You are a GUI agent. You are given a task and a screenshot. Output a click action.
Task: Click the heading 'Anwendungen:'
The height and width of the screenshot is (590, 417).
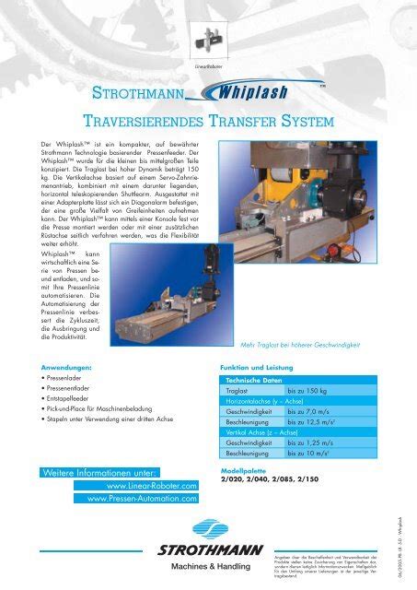pyautogui.click(x=57, y=367)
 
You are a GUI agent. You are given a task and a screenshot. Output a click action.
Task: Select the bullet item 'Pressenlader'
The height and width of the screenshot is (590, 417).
pyautogui.click(x=64, y=378)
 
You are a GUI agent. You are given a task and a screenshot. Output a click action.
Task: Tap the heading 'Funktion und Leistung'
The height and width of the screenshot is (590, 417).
pyautogui.click(x=257, y=367)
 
